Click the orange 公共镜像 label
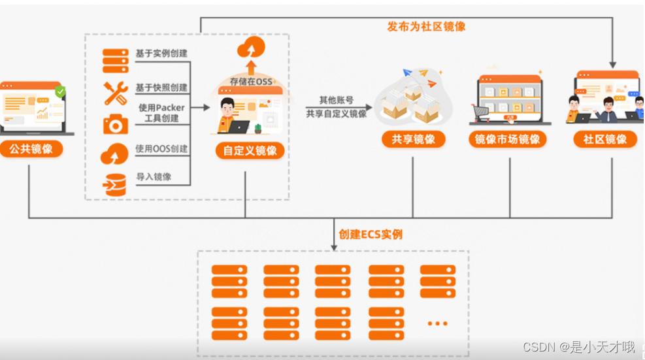pyautogui.click(x=31, y=149)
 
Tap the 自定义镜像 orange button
pyautogui.click(x=250, y=151)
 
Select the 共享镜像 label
pyautogui.click(x=413, y=139)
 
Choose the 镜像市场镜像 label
pyautogui.click(x=507, y=139)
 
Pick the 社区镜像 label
pyautogui.click(x=604, y=139)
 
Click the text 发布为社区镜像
pyautogui.click(x=426, y=27)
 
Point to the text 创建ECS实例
pyautogui.click(x=371, y=234)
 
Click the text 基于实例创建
pyautogui.click(x=161, y=53)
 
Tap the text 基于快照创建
pyautogui.click(x=161, y=88)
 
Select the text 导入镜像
pyautogui.click(x=154, y=177)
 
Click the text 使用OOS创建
pyautogui.click(x=161, y=149)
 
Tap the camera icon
pyautogui.click(x=116, y=123)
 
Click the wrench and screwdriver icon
pyautogui.click(x=116, y=93)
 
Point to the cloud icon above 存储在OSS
pyautogui.click(x=252, y=48)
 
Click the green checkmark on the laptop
pyautogui.click(x=60, y=91)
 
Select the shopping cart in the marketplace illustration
pyautogui.click(x=482, y=113)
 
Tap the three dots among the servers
pyautogui.click(x=437, y=323)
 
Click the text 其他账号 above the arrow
pyautogui.click(x=337, y=100)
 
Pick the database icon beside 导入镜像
pyautogui.click(x=115, y=185)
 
